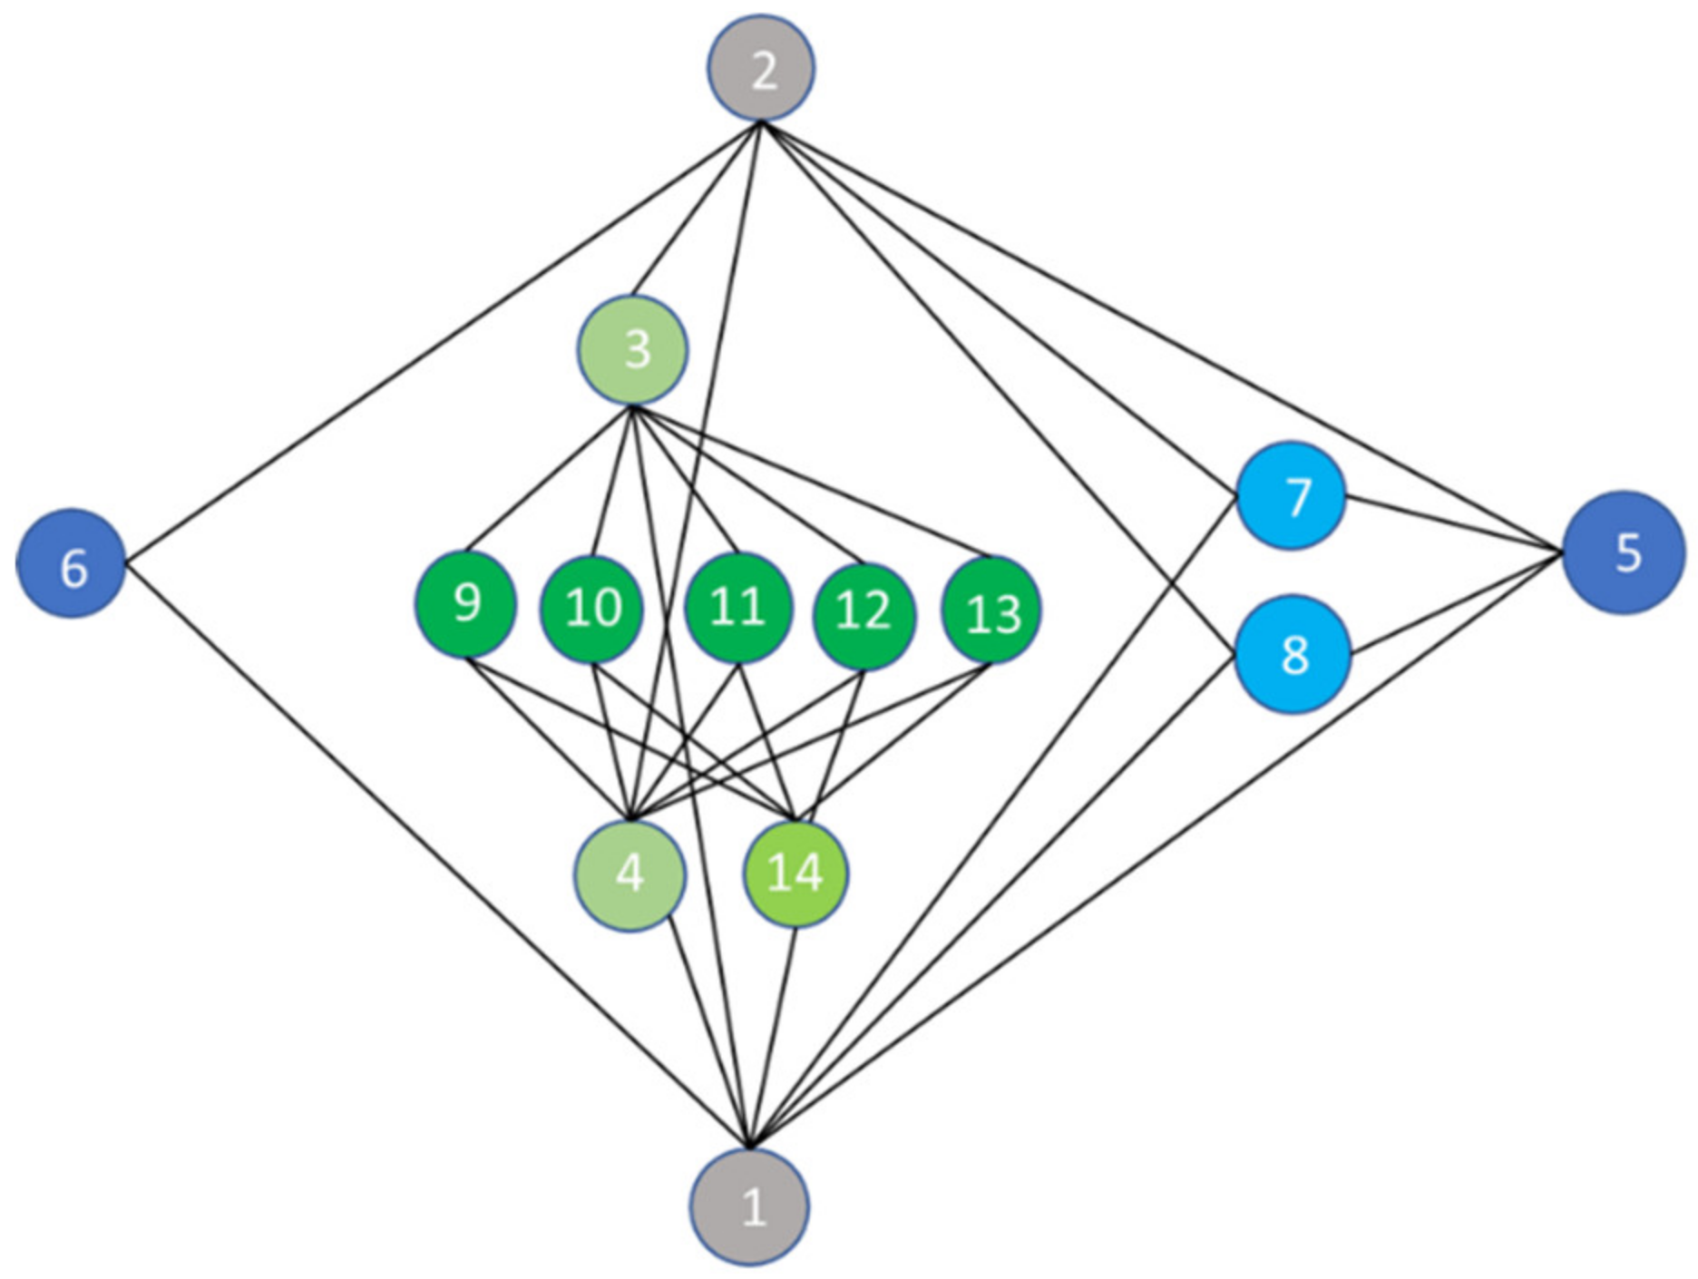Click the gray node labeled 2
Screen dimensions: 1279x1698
tap(761, 68)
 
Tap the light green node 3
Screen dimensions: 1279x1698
tap(633, 350)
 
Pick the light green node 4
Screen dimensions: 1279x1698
tap(629, 874)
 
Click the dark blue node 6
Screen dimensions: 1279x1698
tap(71, 564)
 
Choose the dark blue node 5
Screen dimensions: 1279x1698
tap(1623, 552)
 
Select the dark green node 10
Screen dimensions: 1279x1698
tap(591, 609)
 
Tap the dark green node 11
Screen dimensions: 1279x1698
tap(737, 607)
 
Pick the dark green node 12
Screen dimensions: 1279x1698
tap(864, 613)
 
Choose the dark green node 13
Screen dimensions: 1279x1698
tap(991, 610)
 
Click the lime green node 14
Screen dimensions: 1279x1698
tap(795, 873)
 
